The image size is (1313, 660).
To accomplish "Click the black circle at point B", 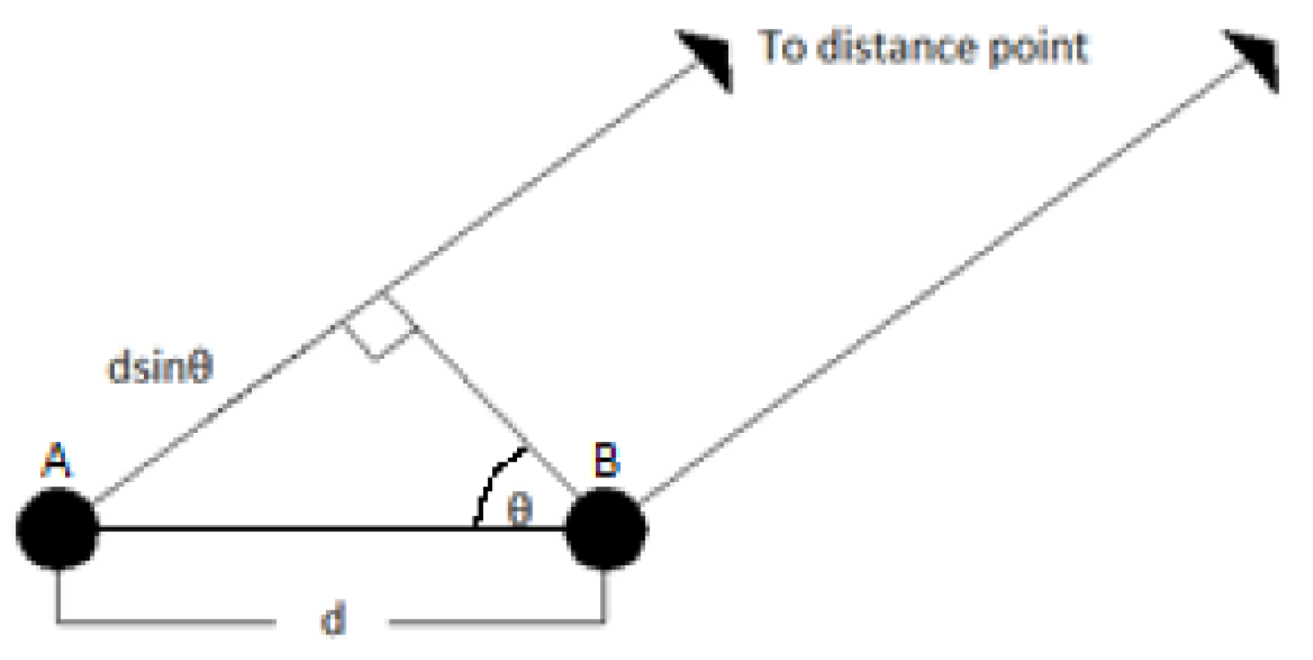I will pyautogui.click(x=606, y=529).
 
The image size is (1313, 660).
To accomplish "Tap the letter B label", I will pyautogui.click(x=606, y=460).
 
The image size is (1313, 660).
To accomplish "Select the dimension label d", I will pyautogui.click(x=333, y=618).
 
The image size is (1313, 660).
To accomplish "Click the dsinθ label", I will pyautogui.click(x=161, y=368).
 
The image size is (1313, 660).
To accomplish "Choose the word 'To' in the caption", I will pyautogui.click(x=782, y=47).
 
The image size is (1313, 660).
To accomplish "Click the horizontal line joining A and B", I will pyautogui.click(x=288, y=529).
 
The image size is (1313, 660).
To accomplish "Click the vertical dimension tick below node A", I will pyautogui.click(x=58, y=594).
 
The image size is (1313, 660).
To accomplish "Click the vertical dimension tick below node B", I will pyautogui.click(x=605, y=594).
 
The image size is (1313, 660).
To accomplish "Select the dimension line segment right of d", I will pyautogui.click(x=494, y=621).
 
